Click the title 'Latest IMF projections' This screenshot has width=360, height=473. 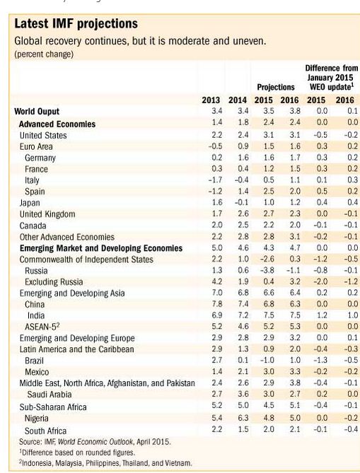tap(76, 24)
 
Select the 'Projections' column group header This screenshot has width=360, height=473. tap(276, 87)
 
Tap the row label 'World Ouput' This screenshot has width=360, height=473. tap(37, 111)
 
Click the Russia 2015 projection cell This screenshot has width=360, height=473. tap(267, 270)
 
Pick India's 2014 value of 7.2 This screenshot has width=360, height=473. tap(243, 315)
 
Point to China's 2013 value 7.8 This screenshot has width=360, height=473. tap(216, 304)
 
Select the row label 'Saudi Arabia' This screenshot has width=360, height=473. tap(50, 395)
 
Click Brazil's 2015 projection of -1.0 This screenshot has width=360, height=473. tap(267, 360)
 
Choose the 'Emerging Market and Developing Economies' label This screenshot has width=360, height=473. tap(101, 248)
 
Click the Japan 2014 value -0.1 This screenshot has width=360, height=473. tap(241, 202)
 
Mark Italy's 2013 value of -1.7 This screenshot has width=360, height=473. tap(215, 180)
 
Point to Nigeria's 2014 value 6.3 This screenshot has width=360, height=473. tap(243, 418)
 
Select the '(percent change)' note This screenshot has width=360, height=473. tap(44, 54)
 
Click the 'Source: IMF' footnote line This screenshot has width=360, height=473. tap(95, 442)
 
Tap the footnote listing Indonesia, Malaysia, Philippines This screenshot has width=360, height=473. tap(105, 462)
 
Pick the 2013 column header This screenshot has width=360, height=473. tap(211, 100)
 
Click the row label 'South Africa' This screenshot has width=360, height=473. tap(45, 431)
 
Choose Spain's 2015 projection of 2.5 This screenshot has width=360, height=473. tap(269, 192)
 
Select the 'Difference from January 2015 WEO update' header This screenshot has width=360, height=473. tap(331, 78)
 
